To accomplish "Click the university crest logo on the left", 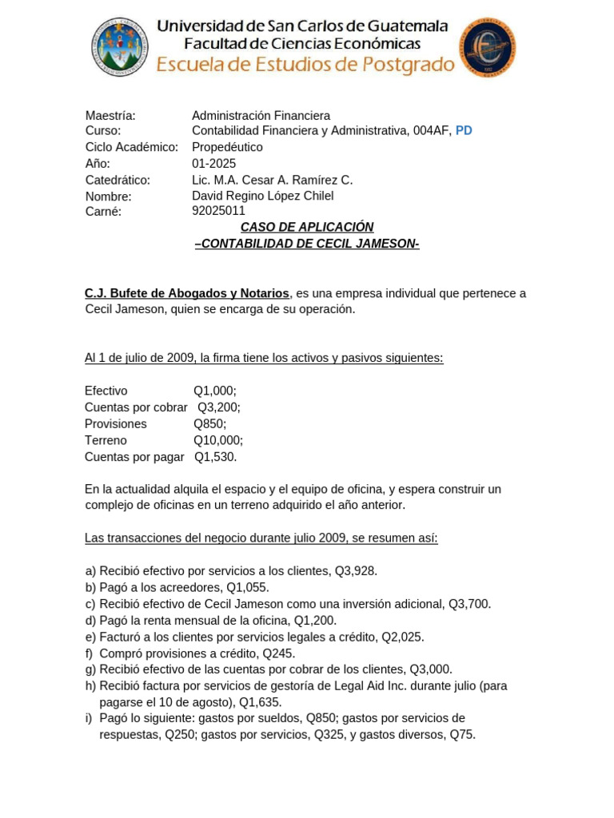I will [x=120, y=47].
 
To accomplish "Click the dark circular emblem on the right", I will [x=487, y=48].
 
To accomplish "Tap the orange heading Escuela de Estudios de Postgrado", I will [x=305, y=65].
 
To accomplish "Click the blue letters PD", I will [x=464, y=131].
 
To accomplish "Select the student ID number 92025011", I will [x=218, y=212].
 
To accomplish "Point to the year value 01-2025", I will [x=213, y=164].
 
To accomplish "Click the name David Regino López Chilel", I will [x=262, y=196].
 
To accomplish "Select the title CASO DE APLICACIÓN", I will [x=307, y=227].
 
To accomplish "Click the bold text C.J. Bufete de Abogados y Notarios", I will [x=187, y=293].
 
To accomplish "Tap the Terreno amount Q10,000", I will [x=217, y=440].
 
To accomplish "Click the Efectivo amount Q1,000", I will [x=214, y=391].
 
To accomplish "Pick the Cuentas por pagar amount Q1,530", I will [x=215, y=457].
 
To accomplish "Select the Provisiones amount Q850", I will [x=209, y=424].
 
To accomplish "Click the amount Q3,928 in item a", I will [x=356, y=571].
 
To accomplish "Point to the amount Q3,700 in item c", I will [x=469, y=604].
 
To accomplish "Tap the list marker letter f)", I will [x=90, y=653].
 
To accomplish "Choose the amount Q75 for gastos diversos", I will [x=462, y=735].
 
